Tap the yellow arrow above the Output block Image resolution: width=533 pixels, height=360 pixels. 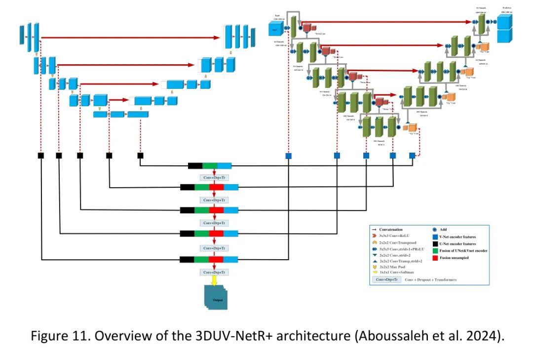click(x=214, y=280)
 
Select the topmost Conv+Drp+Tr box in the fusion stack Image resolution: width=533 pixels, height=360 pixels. click(x=214, y=177)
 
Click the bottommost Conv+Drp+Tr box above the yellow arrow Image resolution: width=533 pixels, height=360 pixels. click(x=214, y=272)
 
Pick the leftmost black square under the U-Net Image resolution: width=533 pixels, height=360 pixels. click(x=41, y=156)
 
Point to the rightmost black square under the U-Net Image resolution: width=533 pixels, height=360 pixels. click(x=140, y=156)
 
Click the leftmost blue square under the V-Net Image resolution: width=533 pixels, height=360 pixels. click(x=288, y=156)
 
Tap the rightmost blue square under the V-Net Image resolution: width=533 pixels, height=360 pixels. click(x=412, y=156)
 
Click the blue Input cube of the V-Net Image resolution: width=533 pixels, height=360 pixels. click(x=275, y=29)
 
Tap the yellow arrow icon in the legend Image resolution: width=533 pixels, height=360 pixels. click(x=376, y=272)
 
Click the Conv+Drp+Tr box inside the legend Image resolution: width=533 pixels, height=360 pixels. click(x=387, y=280)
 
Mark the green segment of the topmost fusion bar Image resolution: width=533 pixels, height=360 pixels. click(x=210, y=166)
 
